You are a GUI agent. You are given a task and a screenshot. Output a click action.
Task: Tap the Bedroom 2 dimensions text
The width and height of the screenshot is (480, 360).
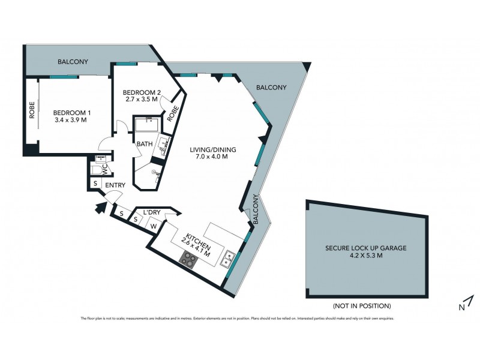(142, 100)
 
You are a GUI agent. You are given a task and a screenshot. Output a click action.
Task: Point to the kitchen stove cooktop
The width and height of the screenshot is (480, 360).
(189, 259)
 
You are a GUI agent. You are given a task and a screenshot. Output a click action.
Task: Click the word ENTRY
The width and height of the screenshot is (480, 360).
(115, 185)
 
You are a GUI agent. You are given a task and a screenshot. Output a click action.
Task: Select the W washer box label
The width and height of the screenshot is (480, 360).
(153, 226)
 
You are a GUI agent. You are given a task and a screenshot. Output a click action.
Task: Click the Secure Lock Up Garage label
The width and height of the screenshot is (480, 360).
(366, 248)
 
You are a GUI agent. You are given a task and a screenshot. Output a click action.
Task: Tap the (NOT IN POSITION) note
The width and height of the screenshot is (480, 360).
(367, 305)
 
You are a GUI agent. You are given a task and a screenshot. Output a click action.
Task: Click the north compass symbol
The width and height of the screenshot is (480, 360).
(469, 303)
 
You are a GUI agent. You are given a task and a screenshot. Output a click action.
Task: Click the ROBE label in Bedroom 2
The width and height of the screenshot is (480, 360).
(173, 112)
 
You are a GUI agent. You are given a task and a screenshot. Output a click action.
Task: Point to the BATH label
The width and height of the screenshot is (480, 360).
(145, 144)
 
